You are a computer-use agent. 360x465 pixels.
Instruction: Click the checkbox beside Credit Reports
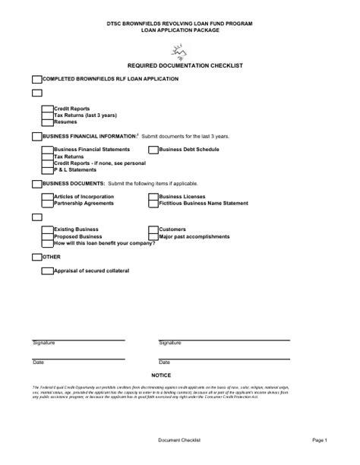click(x=48, y=109)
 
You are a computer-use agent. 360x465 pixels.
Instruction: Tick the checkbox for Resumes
click(x=48, y=122)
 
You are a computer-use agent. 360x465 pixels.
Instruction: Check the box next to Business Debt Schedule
click(x=154, y=150)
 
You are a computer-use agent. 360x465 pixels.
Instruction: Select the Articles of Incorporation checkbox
click(x=48, y=197)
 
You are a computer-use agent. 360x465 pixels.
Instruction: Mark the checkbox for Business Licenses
click(x=154, y=197)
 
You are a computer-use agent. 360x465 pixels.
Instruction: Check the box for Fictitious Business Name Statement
click(x=154, y=204)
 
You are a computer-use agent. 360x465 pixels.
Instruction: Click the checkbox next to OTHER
click(x=36, y=258)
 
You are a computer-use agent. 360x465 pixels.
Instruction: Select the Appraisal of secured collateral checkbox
click(x=48, y=270)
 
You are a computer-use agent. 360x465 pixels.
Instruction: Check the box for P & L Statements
click(x=48, y=169)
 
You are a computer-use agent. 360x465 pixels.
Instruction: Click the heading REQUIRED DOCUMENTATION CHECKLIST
click(x=180, y=66)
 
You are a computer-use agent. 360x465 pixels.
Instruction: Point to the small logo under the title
click(x=179, y=52)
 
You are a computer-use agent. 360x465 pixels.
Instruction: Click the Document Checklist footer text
click(x=179, y=439)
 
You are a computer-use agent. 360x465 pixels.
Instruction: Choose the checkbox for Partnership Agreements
click(x=48, y=204)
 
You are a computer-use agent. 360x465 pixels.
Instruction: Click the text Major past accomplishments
click(x=194, y=236)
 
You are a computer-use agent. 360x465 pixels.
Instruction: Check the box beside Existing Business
click(x=48, y=229)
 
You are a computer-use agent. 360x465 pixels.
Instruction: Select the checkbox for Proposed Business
click(x=48, y=236)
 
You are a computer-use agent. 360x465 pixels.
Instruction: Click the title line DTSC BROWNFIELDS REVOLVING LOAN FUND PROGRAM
click(x=180, y=24)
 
